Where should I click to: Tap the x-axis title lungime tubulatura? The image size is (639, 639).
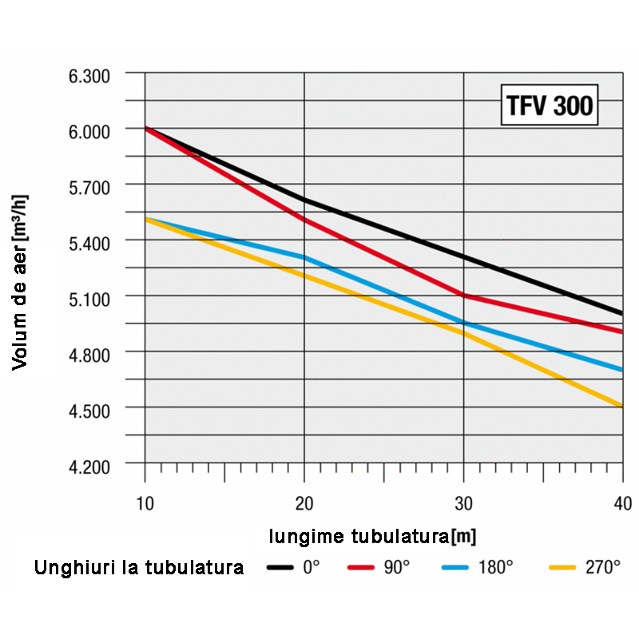click(x=372, y=535)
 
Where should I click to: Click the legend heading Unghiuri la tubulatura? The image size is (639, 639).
click(x=139, y=569)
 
